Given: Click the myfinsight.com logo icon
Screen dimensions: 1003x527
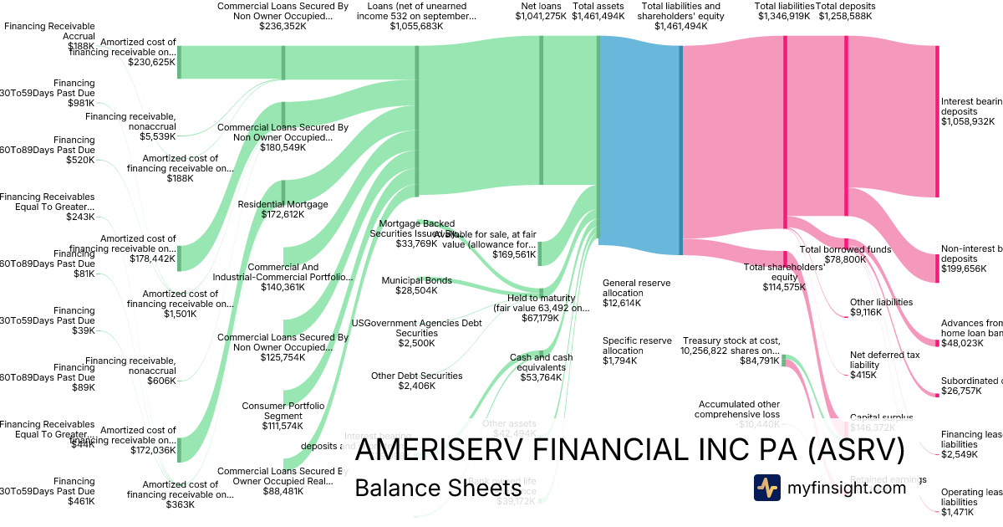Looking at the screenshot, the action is pos(767,488).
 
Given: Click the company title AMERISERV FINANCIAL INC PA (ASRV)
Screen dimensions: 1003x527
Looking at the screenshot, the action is pos(629,451).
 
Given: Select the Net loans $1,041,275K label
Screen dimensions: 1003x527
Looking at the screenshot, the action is pos(543,11).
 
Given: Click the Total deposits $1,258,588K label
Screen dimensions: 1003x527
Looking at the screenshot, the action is pos(846,11).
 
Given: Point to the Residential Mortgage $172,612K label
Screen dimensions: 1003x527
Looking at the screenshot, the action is pos(283,210).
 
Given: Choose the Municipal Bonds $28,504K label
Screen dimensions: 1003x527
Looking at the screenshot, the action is pos(416,286).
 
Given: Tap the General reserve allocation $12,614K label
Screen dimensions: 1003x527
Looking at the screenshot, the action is pos(636,293).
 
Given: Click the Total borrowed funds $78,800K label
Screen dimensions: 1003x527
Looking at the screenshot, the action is pos(846,254).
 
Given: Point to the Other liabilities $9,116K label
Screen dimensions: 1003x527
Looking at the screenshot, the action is pos(881,307).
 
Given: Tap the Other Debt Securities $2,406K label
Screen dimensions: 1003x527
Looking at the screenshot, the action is pos(416,381).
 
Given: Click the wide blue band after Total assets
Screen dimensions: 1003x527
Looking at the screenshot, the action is pos(640,142).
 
